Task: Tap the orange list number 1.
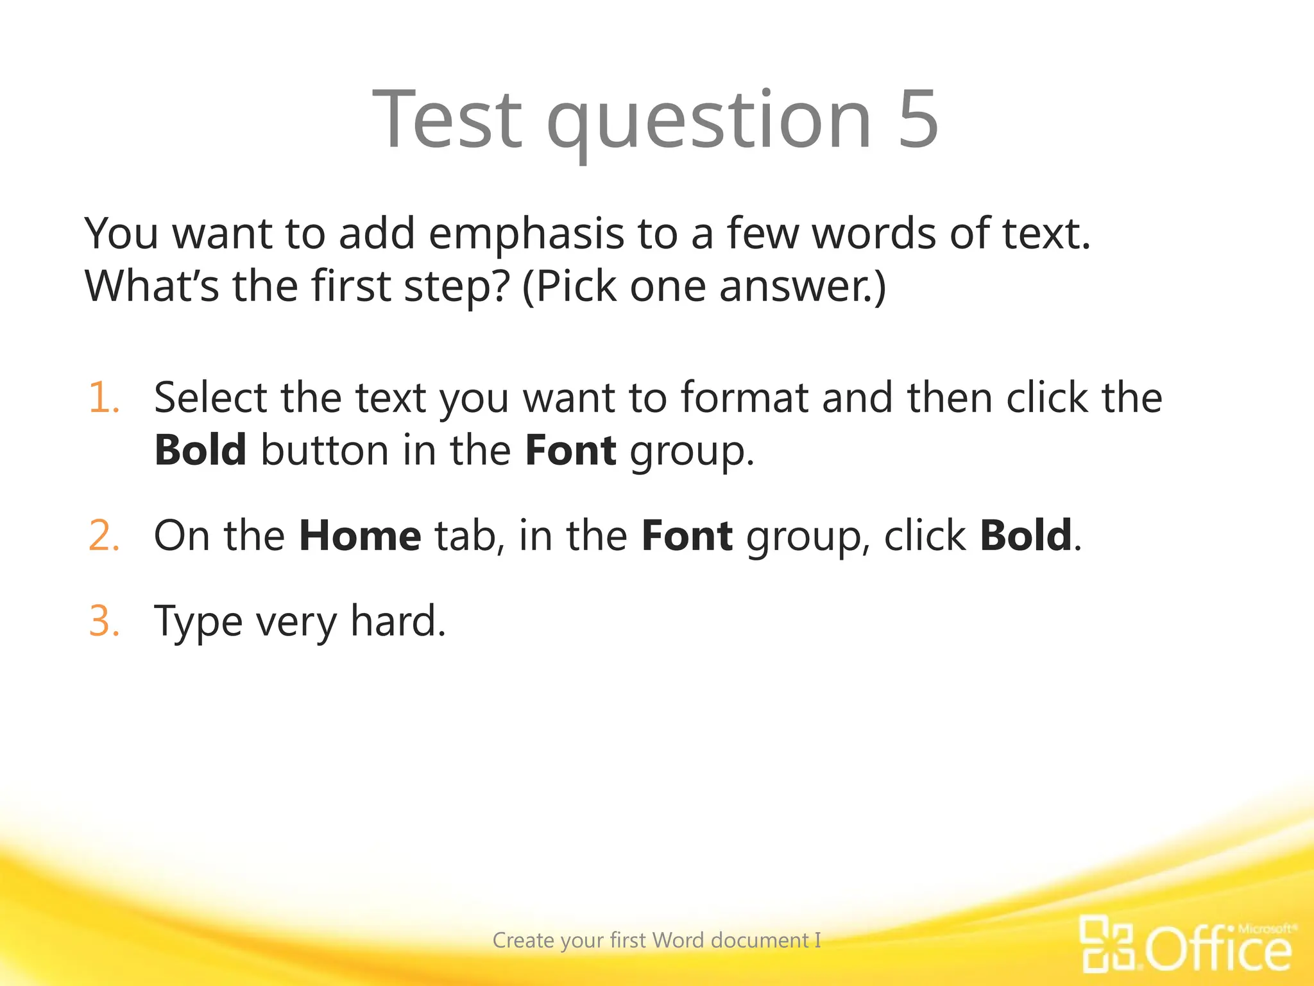[103, 398]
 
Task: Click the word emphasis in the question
[526, 234]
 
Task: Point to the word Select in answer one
[210, 398]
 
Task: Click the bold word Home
[360, 535]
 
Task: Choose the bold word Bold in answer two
[1025, 535]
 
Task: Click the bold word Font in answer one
[570, 450]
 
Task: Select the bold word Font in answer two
[687, 535]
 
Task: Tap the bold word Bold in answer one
[200, 450]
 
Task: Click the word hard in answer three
[398, 621]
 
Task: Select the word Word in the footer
[679, 940]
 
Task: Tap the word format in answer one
[744, 398]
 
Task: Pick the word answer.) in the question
[802, 287]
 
